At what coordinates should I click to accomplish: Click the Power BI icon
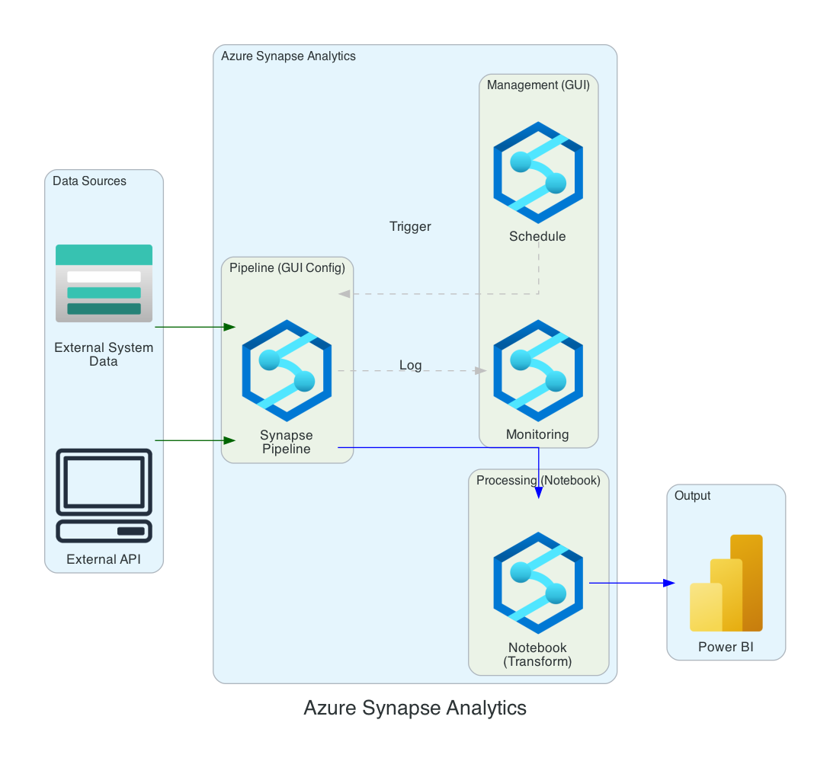[726, 584]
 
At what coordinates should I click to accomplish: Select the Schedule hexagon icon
[538, 165]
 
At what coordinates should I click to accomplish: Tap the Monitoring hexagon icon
[538, 371]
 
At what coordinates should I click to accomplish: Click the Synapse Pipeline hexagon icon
[287, 371]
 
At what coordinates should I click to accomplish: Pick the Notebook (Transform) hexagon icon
[538, 584]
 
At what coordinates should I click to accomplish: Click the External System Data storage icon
[104, 283]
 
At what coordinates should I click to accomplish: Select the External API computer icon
[104, 495]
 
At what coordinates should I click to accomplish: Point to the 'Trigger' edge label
[410, 227]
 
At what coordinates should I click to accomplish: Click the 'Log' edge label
[410, 366]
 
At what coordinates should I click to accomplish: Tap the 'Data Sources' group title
[89, 181]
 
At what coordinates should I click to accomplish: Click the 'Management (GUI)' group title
[538, 85]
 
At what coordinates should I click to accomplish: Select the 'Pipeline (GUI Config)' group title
[287, 267]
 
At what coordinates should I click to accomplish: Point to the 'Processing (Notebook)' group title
[538, 481]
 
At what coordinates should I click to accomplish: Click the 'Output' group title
[692, 496]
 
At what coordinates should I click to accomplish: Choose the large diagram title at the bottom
[415, 708]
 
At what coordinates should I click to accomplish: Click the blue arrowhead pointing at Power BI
[668, 584]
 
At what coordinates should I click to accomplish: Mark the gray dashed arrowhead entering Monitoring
[480, 371]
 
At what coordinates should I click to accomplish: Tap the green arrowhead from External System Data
[229, 327]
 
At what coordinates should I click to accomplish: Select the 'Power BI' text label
[726, 648]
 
